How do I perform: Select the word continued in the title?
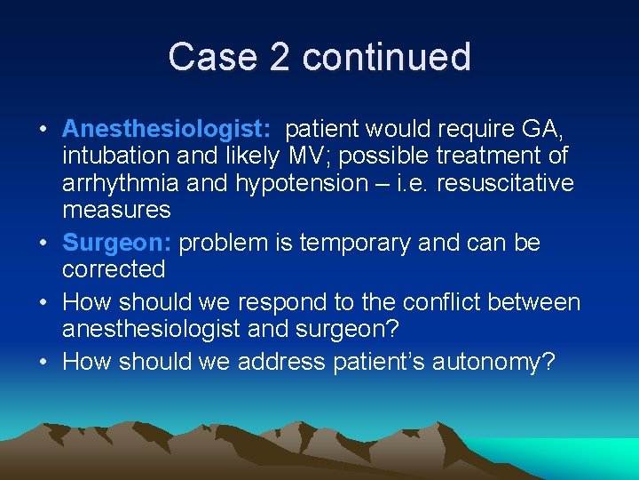[386, 58]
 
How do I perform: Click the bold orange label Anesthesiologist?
[167, 130]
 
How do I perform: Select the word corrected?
[114, 269]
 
